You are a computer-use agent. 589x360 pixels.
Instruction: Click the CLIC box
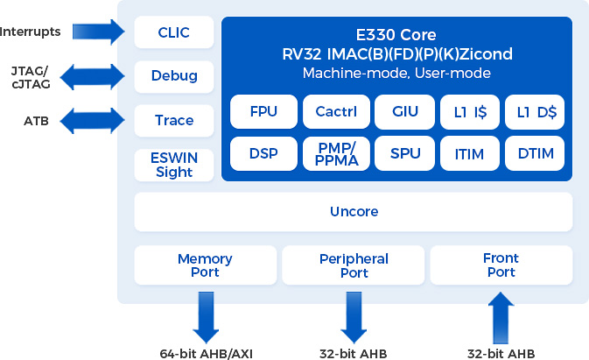tap(174, 33)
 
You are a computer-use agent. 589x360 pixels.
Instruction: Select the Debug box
tap(174, 75)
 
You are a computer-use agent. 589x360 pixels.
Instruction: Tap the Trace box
tap(174, 120)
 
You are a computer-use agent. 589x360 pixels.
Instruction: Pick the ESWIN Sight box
tap(174, 165)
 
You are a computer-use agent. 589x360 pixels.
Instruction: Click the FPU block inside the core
tap(263, 111)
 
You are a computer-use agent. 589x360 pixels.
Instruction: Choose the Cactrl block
tap(336, 111)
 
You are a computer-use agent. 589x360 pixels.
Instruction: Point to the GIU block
tap(405, 111)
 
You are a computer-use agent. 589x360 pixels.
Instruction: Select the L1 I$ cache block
tap(470, 111)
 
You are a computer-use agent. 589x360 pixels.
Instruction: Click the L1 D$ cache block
tap(536, 111)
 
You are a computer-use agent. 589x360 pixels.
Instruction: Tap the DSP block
tap(263, 153)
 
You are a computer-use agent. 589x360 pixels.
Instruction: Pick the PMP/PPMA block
tap(336, 153)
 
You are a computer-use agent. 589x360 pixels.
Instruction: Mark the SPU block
tap(405, 153)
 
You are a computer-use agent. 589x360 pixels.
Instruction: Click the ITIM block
tap(470, 153)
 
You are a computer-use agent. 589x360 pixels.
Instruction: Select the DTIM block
tap(536, 153)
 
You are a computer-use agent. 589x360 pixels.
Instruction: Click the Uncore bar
tap(354, 212)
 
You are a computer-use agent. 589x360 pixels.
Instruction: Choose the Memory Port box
tap(205, 265)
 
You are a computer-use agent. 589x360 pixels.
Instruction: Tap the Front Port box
tap(501, 265)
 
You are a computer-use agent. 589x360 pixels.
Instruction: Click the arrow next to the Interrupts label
tap(101, 32)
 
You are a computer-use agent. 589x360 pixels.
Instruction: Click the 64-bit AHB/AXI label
tap(206, 353)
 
